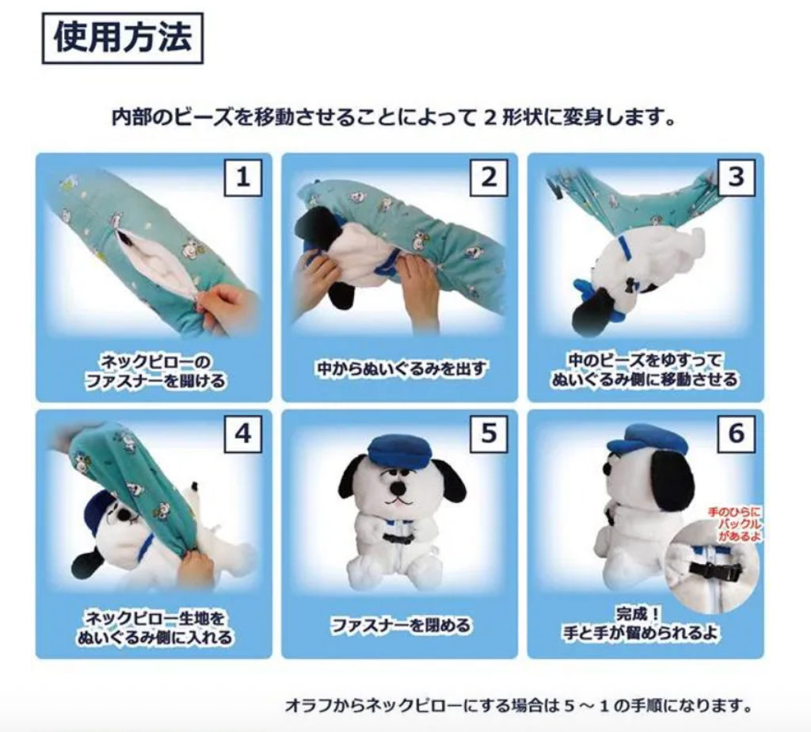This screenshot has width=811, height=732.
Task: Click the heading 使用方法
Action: point(123,38)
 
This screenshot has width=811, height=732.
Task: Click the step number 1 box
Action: point(243,177)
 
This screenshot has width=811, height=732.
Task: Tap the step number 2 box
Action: point(489,177)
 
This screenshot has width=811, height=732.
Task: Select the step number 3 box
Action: point(736,177)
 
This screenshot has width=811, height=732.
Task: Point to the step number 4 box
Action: point(243,433)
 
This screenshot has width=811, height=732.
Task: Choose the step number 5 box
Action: point(489,433)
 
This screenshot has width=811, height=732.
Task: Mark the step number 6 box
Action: point(736,433)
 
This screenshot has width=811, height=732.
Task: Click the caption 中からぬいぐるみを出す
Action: point(402,368)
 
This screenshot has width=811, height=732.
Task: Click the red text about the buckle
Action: point(734,524)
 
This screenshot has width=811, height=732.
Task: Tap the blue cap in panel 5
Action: point(399,448)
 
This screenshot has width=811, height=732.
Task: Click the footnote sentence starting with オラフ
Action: point(518,705)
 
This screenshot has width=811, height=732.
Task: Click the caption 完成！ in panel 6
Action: point(638,614)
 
